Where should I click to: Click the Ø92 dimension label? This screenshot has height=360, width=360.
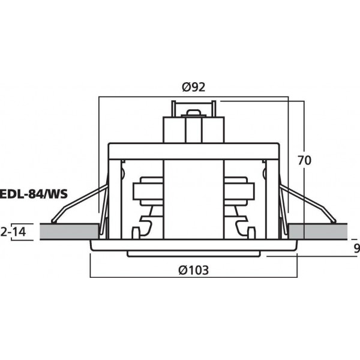click(x=193, y=87)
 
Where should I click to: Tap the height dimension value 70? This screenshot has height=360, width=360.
click(x=305, y=160)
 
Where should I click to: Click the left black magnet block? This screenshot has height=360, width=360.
click(x=146, y=193)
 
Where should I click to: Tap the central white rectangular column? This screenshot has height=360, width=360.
click(x=193, y=198)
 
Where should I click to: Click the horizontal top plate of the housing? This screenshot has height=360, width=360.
click(x=193, y=150)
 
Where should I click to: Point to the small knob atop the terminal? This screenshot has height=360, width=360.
click(x=193, y=112)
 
